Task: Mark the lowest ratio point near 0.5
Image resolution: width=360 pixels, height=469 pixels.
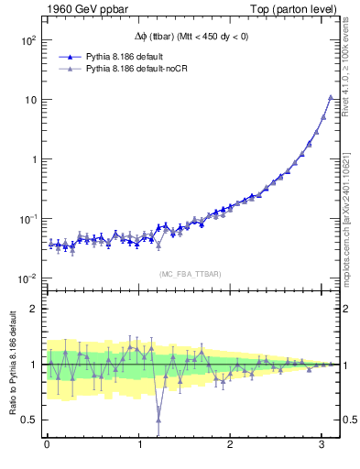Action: coord(158,420)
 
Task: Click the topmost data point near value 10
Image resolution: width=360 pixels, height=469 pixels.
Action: coord(330,97)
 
